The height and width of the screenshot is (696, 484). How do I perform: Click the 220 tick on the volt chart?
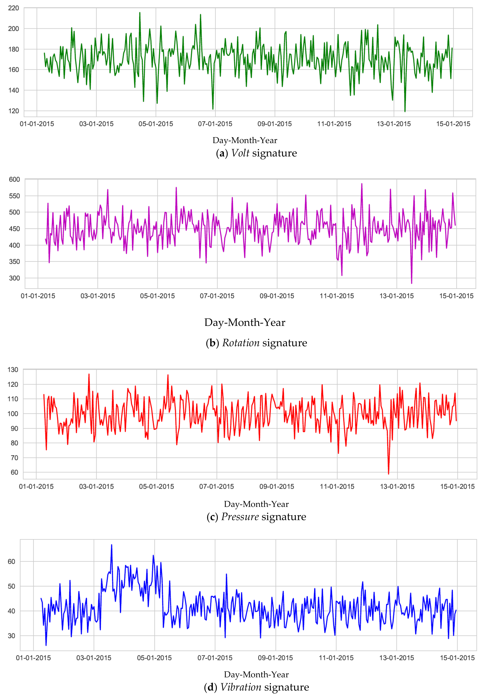coord(13,8)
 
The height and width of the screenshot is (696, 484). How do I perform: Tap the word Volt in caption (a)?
coord(240,153)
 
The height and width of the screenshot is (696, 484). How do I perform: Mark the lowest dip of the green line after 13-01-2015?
coord(405,111)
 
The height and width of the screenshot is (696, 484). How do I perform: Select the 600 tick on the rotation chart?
coord(14,179)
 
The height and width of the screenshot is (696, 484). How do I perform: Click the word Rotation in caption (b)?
coord(241,343)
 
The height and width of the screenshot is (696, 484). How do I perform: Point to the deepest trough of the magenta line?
coord(412,283)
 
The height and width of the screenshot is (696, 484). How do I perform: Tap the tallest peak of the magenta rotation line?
coord(362,184)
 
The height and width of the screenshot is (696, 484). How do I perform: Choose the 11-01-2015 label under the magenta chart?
coord(337,296)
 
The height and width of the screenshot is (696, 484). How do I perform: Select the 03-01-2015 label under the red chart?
coord(96,487)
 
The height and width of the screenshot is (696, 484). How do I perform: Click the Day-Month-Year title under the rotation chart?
coord(245,322)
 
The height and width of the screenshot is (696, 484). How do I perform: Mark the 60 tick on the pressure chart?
coord(14,472)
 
